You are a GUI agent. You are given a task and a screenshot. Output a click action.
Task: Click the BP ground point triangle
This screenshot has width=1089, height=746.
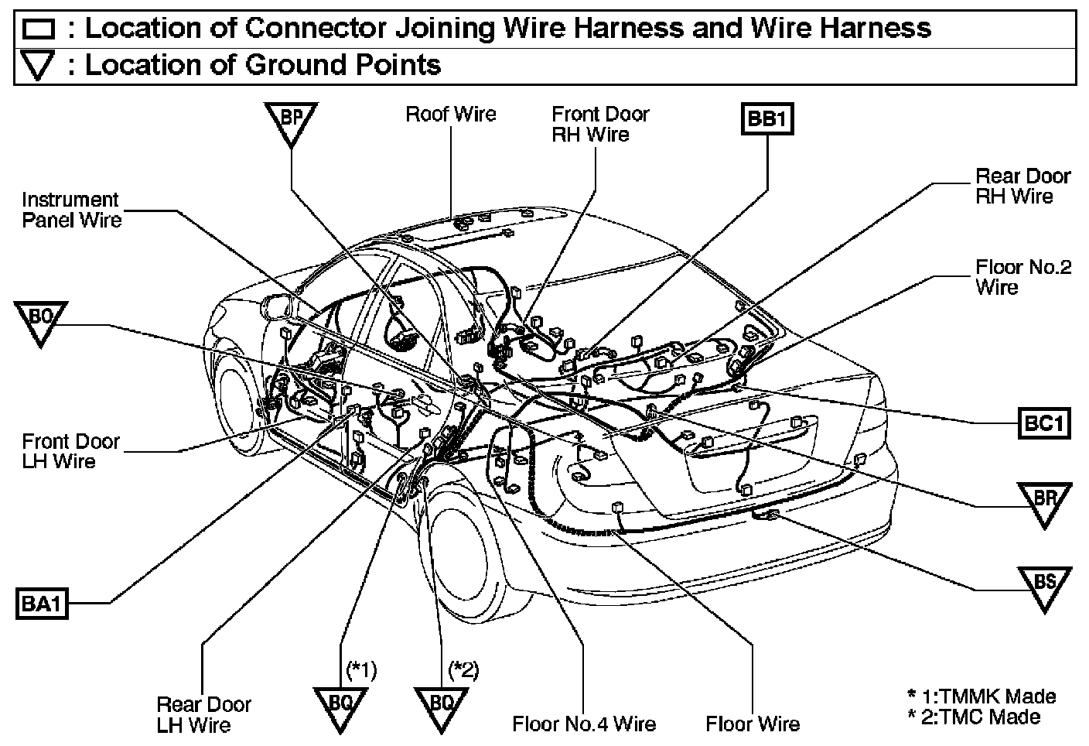pyautogui.click(x=291, y=121)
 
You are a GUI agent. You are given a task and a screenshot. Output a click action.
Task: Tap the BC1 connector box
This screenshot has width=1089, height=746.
pyautogui.click(x=1044, y=423)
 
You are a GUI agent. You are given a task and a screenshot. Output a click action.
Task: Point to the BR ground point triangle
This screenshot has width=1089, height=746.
pyautogui.click(x=1044, y=501)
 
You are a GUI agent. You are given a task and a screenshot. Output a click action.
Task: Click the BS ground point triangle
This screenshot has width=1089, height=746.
pyautogui.click(x=1044, y=585)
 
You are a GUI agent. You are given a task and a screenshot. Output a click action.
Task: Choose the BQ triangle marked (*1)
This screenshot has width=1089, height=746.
pyautogui.click(x=340, y=706)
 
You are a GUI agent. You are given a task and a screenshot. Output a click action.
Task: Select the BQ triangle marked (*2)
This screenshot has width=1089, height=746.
pyautogui.click(x=440, y=706)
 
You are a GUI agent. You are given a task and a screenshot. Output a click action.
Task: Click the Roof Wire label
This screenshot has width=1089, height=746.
pyautogui.click(x=451, y=115)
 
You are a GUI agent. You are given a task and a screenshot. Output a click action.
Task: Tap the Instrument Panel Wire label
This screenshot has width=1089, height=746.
pyautogui.click(x=71, y=210)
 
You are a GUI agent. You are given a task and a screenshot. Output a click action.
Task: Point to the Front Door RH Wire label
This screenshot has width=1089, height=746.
pyautogui.click(x=600, y=124)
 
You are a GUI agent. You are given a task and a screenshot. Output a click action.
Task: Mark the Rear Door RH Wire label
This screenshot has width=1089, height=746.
pyautogui.click(x=1022, y=186)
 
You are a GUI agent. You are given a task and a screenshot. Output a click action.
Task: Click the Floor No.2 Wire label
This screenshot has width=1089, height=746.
pyautogui.click(x=1022, y=277)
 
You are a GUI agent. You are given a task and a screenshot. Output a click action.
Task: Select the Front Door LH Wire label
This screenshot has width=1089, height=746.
pyautogui.click(x=70, y=451)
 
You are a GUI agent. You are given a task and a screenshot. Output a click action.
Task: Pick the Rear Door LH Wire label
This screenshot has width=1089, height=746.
pyautogui.click(x=203, y=714)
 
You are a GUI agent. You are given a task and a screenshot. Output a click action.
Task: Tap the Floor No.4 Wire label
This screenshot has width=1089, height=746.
pyautogui.click(x=584, y=724)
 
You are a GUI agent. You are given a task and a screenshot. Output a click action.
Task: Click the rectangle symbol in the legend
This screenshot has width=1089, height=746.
pyautogui.click(x=38, y=29)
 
